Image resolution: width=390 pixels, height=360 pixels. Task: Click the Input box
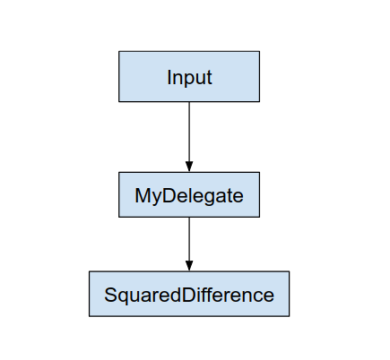(189, 76)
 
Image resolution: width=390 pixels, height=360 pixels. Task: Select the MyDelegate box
(189, 194)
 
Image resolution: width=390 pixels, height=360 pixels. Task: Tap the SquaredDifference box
(189, 294)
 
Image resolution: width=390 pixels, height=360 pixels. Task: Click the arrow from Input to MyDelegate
(189, 134)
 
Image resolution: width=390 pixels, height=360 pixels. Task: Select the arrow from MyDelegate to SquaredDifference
(189, 242)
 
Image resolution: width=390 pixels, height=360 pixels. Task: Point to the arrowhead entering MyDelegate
(189, 167)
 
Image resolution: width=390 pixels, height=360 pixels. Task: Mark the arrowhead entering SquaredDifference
(189, 266)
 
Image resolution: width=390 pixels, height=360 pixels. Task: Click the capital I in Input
(169, 77)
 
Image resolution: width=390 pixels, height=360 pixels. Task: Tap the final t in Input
(209, 77)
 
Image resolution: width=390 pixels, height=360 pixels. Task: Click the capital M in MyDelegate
(143, 195)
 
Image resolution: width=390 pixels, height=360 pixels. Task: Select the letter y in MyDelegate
(155, 198)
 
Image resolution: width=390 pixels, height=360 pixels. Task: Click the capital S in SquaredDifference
(110, 295)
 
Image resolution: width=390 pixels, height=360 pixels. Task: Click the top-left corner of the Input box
(119, 51)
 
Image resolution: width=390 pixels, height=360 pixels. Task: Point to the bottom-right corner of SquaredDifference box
(290, 316)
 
